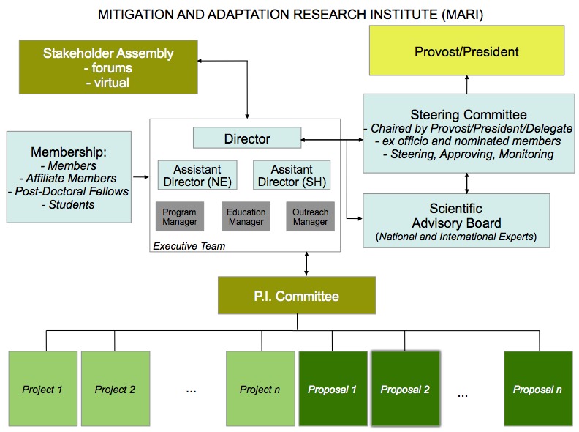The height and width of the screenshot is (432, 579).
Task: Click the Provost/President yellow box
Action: point(466,52)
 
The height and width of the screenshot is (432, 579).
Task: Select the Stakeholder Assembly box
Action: point(108,67)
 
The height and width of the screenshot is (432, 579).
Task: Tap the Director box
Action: point(247,138)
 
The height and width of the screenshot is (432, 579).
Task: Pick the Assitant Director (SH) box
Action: point(292,175)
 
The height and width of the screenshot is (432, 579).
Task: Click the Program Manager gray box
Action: point(179,217)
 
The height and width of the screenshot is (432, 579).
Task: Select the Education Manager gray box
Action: point(246,217)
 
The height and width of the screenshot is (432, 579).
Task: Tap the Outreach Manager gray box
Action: point(310,217)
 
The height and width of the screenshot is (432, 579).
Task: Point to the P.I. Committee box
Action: point(296,297)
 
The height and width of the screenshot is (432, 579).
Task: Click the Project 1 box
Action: point(42,389)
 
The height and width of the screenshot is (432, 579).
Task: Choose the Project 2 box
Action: point(115,389)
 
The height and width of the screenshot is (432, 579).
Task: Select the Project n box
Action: point(260,389)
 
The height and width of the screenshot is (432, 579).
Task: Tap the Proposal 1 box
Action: point(333,389)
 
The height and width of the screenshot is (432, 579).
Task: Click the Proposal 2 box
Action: point(405,389)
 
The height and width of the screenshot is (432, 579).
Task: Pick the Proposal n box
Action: point(537,389)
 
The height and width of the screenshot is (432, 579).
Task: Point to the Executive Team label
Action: point(189,247)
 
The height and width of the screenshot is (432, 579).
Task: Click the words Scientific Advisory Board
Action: point(456,216)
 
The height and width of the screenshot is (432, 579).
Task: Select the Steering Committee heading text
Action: point(468,114)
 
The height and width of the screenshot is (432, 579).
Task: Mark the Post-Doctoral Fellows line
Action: point(68,191)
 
